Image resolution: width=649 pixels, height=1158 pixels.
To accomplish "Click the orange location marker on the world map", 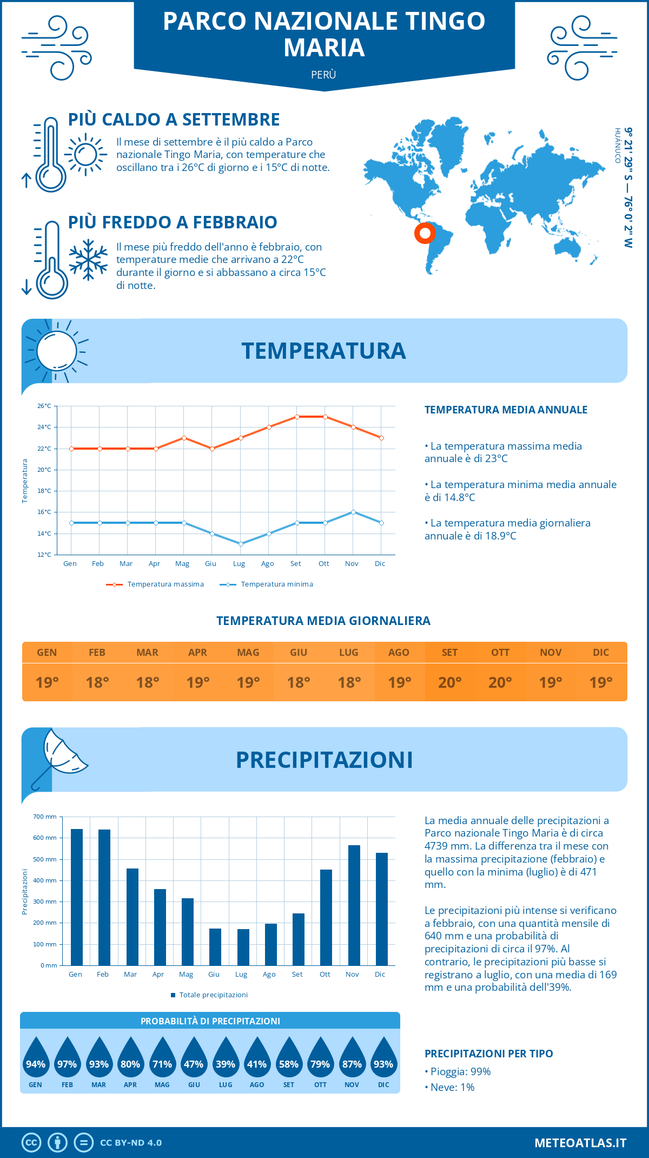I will (x=425, y=233).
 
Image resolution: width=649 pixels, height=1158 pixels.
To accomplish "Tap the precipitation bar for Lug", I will (x=243, y=947).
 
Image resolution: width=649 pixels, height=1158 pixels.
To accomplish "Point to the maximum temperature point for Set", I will (x=297, y=417).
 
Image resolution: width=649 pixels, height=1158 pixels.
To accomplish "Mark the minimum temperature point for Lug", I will (x=241, y=544).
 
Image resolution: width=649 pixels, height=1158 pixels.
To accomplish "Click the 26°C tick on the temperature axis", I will (x=44, y=406).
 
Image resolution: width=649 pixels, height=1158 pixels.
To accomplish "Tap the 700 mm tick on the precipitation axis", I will (x=45, y=817).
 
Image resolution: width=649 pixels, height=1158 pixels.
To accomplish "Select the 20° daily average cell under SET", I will (x=450, y=682).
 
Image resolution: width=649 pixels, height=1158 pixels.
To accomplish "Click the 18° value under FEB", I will (x=97, y=682).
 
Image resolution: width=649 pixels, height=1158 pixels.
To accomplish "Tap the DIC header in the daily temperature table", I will (x=601, y=653).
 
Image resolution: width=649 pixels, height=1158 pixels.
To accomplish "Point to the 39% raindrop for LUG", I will (x=226, y=1060).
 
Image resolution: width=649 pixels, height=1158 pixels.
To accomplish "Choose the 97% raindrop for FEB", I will (x=67, y=1060).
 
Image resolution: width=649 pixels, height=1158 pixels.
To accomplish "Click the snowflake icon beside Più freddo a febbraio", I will (x=88, y=260).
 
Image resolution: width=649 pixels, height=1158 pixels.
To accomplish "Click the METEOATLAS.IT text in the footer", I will (x=580, y=1143).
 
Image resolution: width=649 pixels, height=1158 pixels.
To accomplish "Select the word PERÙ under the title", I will (x=324, y=75).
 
